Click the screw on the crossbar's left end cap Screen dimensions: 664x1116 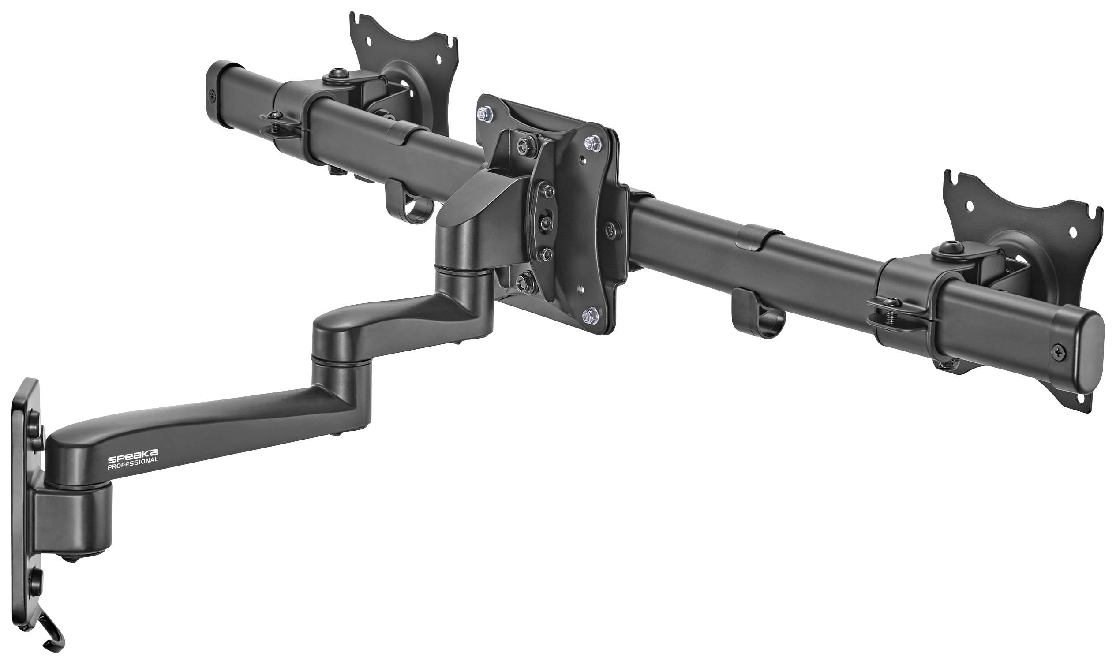click(210, 95)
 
